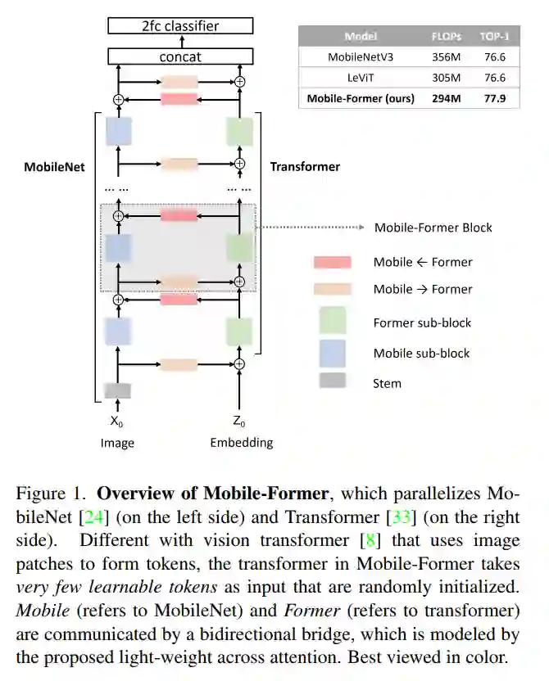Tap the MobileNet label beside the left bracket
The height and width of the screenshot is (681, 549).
(54, 167)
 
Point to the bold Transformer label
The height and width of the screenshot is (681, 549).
(305, 167)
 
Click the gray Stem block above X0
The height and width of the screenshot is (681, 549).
(117, 390)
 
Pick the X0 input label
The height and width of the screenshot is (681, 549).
(117, 422)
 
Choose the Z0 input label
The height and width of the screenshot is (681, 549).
(239, 422)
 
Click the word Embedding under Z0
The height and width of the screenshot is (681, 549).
(241, 443)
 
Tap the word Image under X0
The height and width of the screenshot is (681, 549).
(117, 443)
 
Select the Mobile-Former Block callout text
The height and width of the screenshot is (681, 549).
(433, 227)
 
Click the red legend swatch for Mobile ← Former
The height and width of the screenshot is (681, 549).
(332, 262)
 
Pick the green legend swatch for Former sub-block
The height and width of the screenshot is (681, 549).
(332, 321)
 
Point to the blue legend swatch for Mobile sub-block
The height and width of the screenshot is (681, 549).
(332, 353)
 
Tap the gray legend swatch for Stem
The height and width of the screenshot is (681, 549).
(332, 381)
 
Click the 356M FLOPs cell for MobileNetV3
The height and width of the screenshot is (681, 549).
(447, 57)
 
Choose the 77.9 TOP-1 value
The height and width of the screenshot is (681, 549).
(496, 98)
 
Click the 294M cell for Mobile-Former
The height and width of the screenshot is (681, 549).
(447, 98)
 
